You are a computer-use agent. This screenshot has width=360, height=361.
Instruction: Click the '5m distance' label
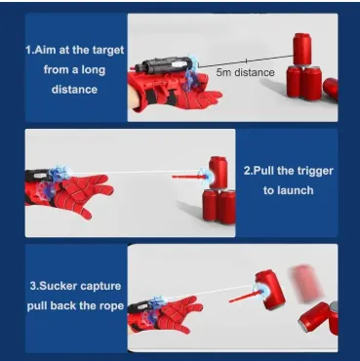[245, 72]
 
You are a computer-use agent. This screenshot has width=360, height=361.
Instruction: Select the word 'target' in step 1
[107, 51]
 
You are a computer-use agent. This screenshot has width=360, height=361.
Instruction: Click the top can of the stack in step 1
[301, 49]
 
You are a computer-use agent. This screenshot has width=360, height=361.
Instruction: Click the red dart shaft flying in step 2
[187, 177]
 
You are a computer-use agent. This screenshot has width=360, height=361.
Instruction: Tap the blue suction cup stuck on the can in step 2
[206, 176]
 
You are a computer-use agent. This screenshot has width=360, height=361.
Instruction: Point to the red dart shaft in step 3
[245, 296]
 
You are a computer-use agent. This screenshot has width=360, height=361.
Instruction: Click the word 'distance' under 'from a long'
[74, 90]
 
